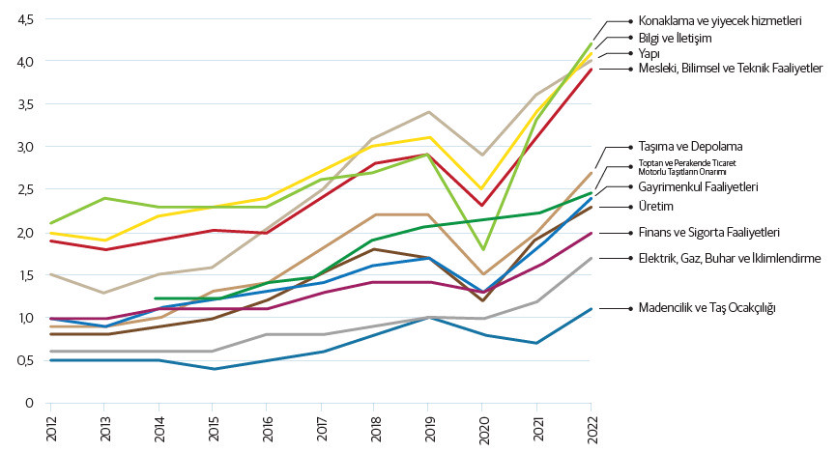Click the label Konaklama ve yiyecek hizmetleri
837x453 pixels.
tap(714, 19)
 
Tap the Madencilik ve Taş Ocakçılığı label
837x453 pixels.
tap(702, 307)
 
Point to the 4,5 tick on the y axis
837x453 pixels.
tap(24, 20)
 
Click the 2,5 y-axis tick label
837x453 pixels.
tap(24, 190)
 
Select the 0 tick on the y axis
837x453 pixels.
tap(29, 403)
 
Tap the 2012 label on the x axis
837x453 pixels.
tap(50, 428)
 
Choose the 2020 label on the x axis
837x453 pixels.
tap(483, 428)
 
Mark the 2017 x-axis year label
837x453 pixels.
tap(321, 428)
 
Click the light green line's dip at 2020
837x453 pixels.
tap(482, 250)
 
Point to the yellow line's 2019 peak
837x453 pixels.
tap(428, 137)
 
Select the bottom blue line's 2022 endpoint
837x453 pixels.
tap(591, 309)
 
